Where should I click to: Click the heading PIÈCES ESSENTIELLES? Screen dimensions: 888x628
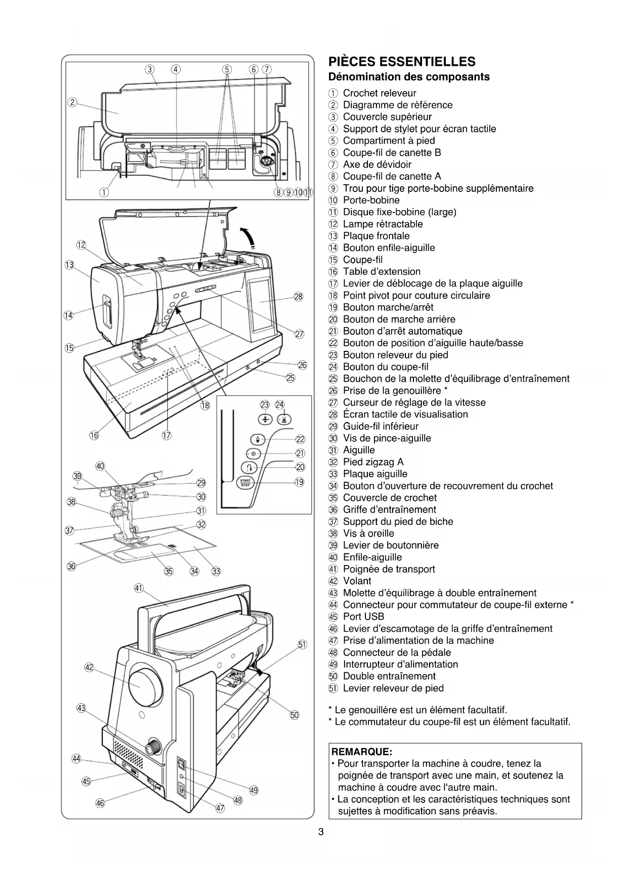402,62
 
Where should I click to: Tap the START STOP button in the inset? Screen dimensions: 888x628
245,482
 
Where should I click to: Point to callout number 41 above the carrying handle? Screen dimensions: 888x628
139,588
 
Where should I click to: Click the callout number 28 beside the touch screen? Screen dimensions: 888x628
298,296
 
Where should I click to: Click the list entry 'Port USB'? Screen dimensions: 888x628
363,617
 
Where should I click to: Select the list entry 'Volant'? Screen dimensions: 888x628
357,581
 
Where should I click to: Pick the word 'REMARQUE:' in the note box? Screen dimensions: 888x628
362,751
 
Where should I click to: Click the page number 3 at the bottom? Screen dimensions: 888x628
321,832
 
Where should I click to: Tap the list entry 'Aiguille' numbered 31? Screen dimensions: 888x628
359,450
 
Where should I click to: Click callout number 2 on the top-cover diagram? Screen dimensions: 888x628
72,103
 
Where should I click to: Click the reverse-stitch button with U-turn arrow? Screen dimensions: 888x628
252,467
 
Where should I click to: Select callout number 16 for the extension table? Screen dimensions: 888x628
94,435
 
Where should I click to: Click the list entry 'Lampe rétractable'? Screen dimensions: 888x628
383,224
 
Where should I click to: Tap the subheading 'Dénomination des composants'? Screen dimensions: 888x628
409,77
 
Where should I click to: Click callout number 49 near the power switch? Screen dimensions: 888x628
254,790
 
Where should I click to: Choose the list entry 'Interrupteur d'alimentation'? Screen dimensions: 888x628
400,664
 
